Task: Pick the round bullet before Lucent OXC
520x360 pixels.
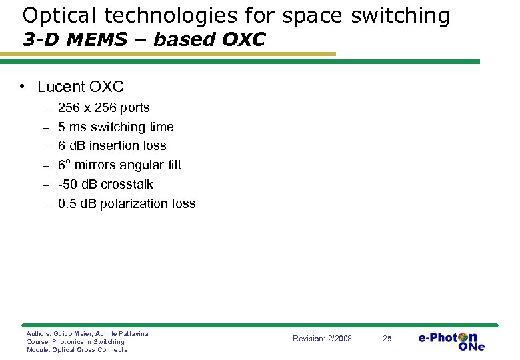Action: tap(23, 87)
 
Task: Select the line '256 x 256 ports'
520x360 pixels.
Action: tap(104, 108)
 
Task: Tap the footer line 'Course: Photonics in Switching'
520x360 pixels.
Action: tap(75, 341)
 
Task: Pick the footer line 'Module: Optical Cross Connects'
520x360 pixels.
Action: tap(77, 349)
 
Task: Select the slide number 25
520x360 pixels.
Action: tap(387, 339)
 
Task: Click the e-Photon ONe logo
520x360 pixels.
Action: tap(451, 340)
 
